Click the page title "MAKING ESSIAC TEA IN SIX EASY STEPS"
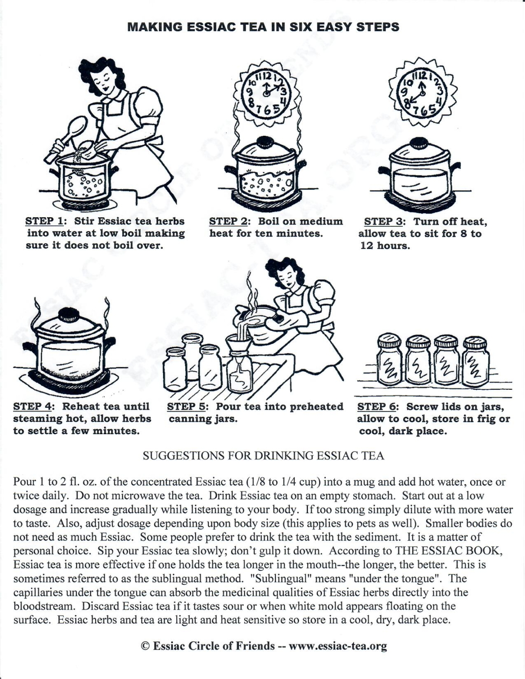click(x=263, y=27)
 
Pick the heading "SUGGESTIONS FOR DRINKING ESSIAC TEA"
click(x=263, y=456)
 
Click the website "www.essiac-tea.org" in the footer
click(x=337, y=646)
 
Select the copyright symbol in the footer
click(x=145, y=646)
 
